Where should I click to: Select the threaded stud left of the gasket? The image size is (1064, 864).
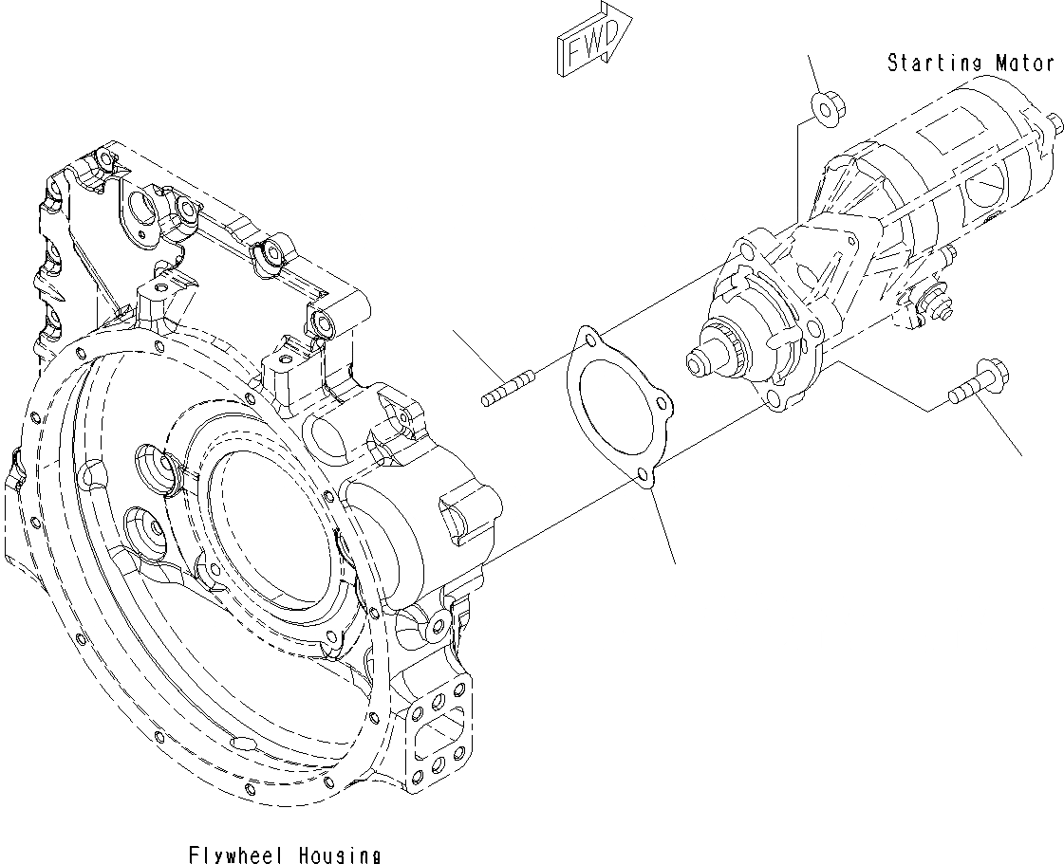(x=508, y=390)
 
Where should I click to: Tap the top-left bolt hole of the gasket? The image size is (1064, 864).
(x=589, y=338)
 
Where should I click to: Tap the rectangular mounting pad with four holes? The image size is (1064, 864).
(x=438, y=730)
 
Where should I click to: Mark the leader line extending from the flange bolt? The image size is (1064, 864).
(x=1002, y=428)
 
